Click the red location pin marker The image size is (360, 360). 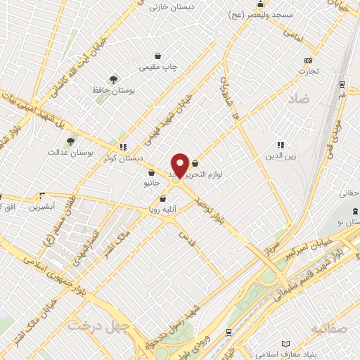180,165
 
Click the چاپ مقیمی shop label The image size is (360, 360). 158,67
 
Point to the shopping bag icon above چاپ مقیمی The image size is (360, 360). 159,56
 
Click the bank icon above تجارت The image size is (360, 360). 307,60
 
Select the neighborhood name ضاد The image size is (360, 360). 298,100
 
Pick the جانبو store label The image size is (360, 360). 153,182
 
